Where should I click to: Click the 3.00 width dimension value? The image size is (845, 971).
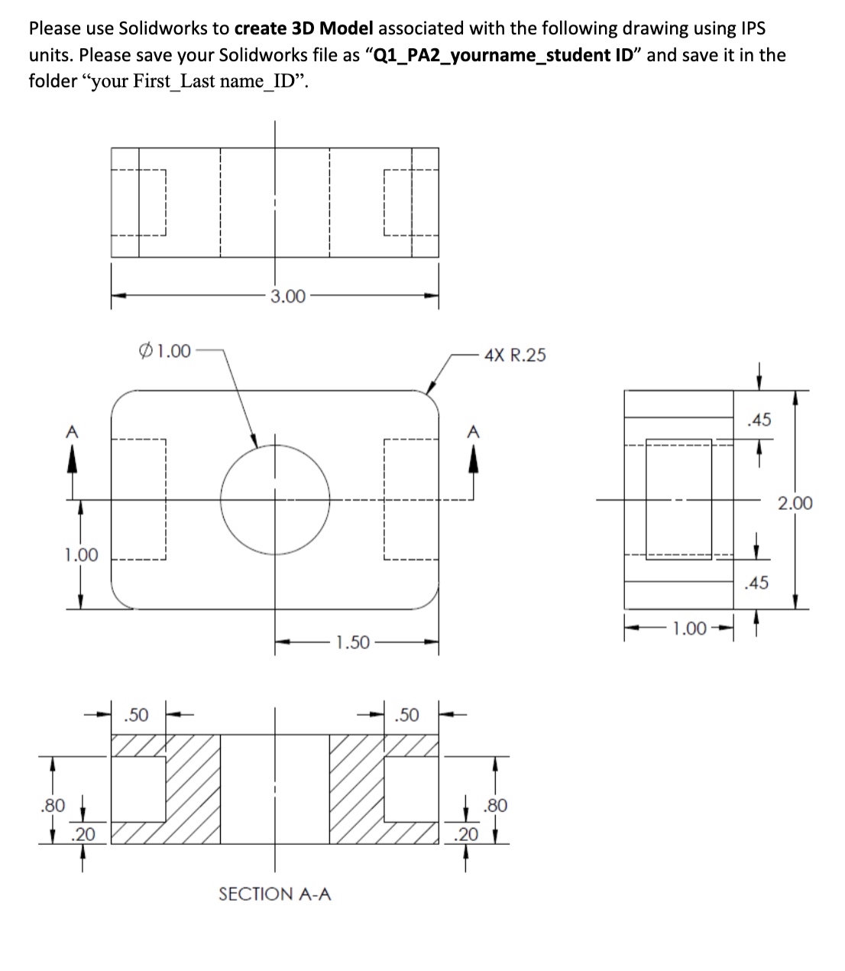click(288, 296)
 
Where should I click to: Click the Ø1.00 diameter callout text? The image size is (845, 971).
click(165, 351)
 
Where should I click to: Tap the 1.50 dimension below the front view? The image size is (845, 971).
click(353, 642)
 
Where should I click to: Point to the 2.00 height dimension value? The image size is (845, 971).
click(795, 503)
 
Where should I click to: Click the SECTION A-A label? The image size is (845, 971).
click(275, 894)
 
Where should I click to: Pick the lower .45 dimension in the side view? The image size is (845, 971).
click(757, 583)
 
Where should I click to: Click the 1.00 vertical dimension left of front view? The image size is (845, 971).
click(81, 554)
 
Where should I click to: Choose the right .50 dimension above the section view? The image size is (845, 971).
click(406, 715)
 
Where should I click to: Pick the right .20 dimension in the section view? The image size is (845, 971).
click(466, 834)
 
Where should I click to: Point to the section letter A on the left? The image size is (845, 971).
click(72, 431)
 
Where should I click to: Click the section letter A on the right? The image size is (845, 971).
click(473, 431)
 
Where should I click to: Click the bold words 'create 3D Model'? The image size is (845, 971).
click(304, 29)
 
